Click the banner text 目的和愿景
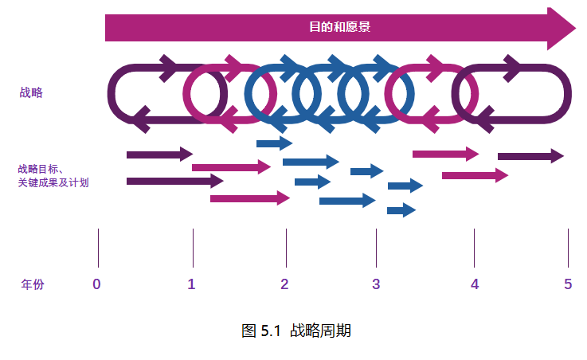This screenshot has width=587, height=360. (340, 27)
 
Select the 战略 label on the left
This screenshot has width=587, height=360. (31, 92)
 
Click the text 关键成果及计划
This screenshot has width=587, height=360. (53, 182)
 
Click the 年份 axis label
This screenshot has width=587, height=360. (33, 284)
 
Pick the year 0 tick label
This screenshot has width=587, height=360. (97, 284)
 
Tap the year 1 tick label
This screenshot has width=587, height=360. (191, 284)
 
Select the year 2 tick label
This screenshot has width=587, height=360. (284, 284)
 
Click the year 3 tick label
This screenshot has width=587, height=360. (376, 284)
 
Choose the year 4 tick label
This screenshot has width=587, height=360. (475, 284)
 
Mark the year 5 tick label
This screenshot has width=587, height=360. (568, 284)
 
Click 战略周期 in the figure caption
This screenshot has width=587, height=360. (320, 331)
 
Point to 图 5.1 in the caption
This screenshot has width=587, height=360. (261, 331)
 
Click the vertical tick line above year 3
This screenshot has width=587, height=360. (376, 248)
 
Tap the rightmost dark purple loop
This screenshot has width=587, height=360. (568, 94)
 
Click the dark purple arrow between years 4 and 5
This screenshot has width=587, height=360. (530, 156)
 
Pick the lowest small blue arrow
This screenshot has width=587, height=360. (401, 210)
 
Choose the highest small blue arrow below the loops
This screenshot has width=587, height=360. (274, 143)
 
